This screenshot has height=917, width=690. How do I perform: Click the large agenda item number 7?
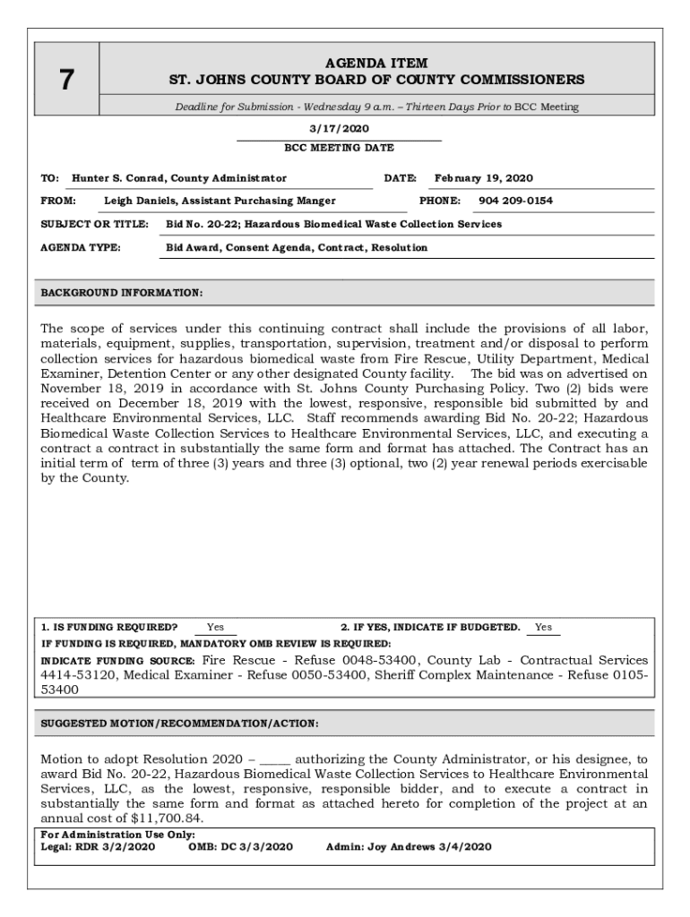tap(66, 81)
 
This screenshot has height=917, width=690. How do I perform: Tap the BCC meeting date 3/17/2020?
tap(339, 129)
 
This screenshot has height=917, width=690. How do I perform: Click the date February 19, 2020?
tap(483, 178)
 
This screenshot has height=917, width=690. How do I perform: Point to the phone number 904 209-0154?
tap(515, 201)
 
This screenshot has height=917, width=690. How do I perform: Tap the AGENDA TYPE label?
tap(81, 247)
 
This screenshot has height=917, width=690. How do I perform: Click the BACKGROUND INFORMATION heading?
tap(122, 293)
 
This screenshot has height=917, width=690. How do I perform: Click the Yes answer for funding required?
tap(215, 627)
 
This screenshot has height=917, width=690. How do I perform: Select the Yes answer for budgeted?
tap(543, 627)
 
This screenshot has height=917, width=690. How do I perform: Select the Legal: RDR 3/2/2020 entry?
tap(98, 846)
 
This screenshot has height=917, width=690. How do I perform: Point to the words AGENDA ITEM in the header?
tap(376, 64)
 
